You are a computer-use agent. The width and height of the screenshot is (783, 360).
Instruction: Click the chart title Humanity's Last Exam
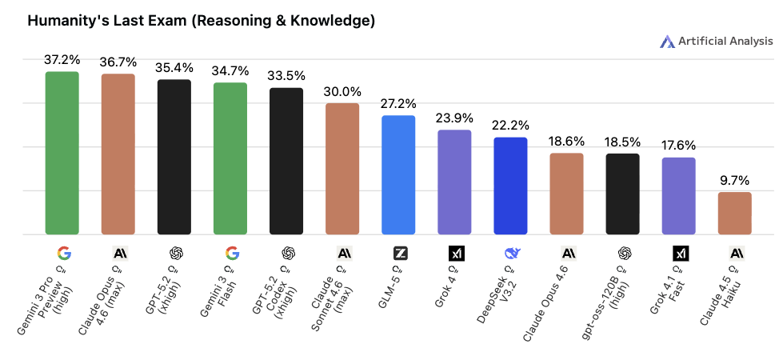coord(201,22)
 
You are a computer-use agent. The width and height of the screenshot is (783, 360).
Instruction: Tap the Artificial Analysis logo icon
coord(668,42)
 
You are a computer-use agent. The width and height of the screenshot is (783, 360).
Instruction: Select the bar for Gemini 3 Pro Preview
coord(62,153)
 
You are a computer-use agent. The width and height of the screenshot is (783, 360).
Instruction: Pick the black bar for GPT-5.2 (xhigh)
coord(174,157)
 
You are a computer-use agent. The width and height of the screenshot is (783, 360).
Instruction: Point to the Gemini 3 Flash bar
coord(230,158)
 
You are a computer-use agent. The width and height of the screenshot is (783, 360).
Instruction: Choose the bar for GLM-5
coord(398,175)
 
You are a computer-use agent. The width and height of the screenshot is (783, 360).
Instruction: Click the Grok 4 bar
coord(454,182)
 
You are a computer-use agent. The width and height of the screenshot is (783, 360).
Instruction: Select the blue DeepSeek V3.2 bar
coord(510,186)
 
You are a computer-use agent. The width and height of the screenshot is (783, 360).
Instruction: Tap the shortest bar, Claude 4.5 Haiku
coord(734,214)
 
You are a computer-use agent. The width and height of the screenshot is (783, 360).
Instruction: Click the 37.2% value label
coord(62,60)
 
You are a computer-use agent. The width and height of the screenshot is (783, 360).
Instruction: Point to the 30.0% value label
coord(342,91)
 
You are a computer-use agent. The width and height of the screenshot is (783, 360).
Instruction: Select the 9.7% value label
coord(734,180)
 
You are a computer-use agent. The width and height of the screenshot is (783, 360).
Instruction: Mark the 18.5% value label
coord(622,142)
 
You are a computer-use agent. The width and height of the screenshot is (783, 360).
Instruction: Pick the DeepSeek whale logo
coord(513,254)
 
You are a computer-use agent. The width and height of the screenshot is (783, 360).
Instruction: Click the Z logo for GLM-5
coord(401,254)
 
